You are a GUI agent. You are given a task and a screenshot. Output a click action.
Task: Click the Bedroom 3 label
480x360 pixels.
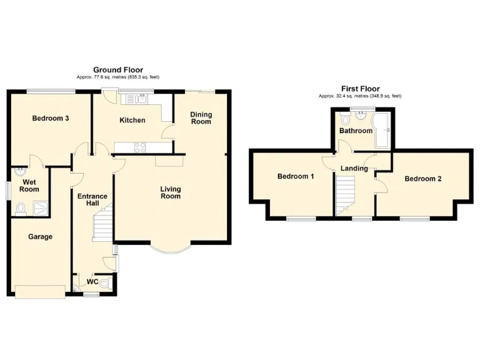coord(50,118)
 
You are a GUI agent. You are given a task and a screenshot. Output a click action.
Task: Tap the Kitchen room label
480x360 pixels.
coord(132,120)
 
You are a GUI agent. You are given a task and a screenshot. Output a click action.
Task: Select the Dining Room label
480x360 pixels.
coord(201,117)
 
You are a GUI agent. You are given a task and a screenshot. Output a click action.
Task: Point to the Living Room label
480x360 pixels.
coord(170,192)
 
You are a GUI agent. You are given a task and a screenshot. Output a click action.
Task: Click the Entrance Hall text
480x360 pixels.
coord(92,200)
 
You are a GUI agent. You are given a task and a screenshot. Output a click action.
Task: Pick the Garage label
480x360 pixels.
coord(40,237)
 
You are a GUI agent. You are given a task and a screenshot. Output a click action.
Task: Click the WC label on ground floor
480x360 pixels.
coord(92,281)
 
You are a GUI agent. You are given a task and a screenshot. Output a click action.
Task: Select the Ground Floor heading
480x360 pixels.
coord(118,70)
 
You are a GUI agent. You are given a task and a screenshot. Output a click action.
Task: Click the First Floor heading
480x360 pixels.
coord(360,89)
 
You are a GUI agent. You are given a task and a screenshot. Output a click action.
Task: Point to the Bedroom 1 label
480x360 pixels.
coord(296,176)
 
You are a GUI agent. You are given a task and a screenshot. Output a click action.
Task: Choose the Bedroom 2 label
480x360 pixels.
coord(422,179)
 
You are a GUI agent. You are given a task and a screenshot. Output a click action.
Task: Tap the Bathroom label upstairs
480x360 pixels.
coord(356,131)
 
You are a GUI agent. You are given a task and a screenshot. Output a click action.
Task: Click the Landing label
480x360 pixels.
coord(354,168)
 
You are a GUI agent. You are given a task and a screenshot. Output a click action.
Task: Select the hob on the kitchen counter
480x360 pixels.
coord(139,147)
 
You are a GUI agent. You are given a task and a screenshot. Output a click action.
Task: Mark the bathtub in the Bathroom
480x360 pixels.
coord(382,130)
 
